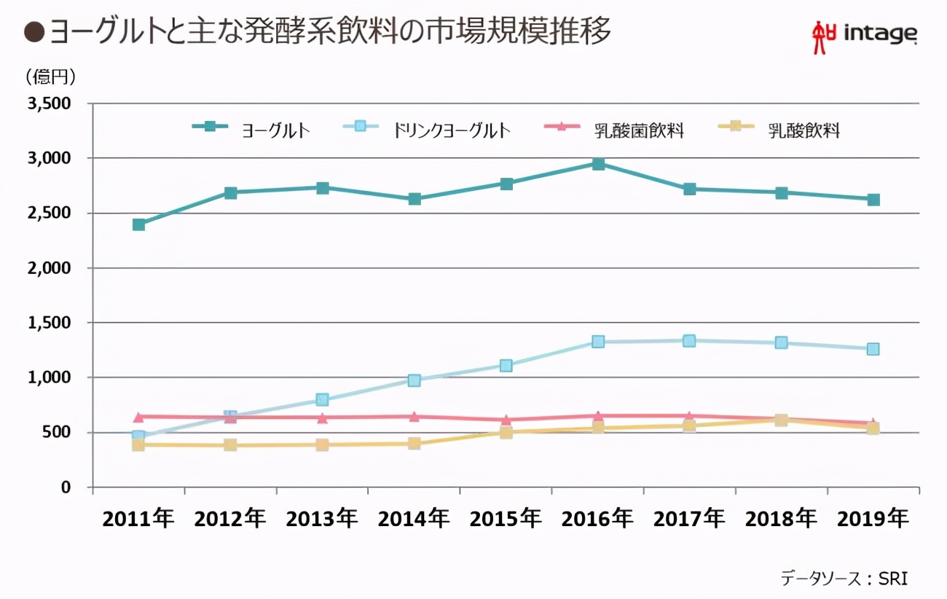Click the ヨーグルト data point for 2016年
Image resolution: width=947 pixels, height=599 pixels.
tap(597, 164)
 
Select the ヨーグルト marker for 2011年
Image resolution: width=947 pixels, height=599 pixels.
tap(138, 224)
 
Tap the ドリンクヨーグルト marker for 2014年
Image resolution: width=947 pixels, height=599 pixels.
tap(414, 380)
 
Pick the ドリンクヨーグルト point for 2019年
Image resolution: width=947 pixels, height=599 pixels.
tap(873, 349)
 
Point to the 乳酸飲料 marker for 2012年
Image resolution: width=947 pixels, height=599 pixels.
tap(230, 445)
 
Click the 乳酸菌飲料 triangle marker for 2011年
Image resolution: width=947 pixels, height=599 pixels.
tap(138, 417)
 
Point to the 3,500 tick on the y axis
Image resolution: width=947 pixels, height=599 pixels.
tap(49, 103)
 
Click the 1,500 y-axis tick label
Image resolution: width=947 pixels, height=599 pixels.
tap(49, 323)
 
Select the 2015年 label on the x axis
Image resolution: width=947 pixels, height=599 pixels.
tap(506, 519)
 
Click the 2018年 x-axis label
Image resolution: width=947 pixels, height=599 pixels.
tap(781, 519)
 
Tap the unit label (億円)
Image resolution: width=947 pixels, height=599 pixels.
tap(50, 76)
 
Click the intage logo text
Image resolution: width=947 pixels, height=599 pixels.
tap(880, 34)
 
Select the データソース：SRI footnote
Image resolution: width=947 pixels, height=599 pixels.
tap(844, 578)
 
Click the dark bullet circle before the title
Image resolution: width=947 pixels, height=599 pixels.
tap(34, 33)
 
